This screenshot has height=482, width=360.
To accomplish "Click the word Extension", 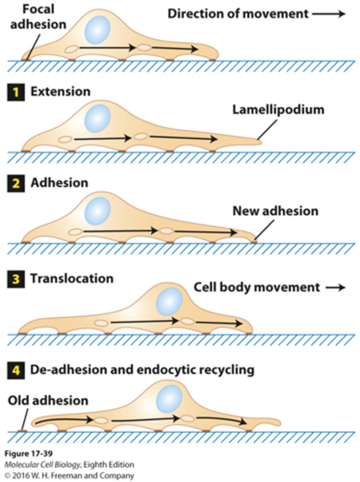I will (60, 92).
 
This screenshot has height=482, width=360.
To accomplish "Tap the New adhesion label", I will (275, 211).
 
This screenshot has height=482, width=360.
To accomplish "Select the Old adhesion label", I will (48, 400).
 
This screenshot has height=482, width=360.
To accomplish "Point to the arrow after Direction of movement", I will (329, 14).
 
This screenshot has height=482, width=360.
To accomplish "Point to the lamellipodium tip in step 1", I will (259, 141).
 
